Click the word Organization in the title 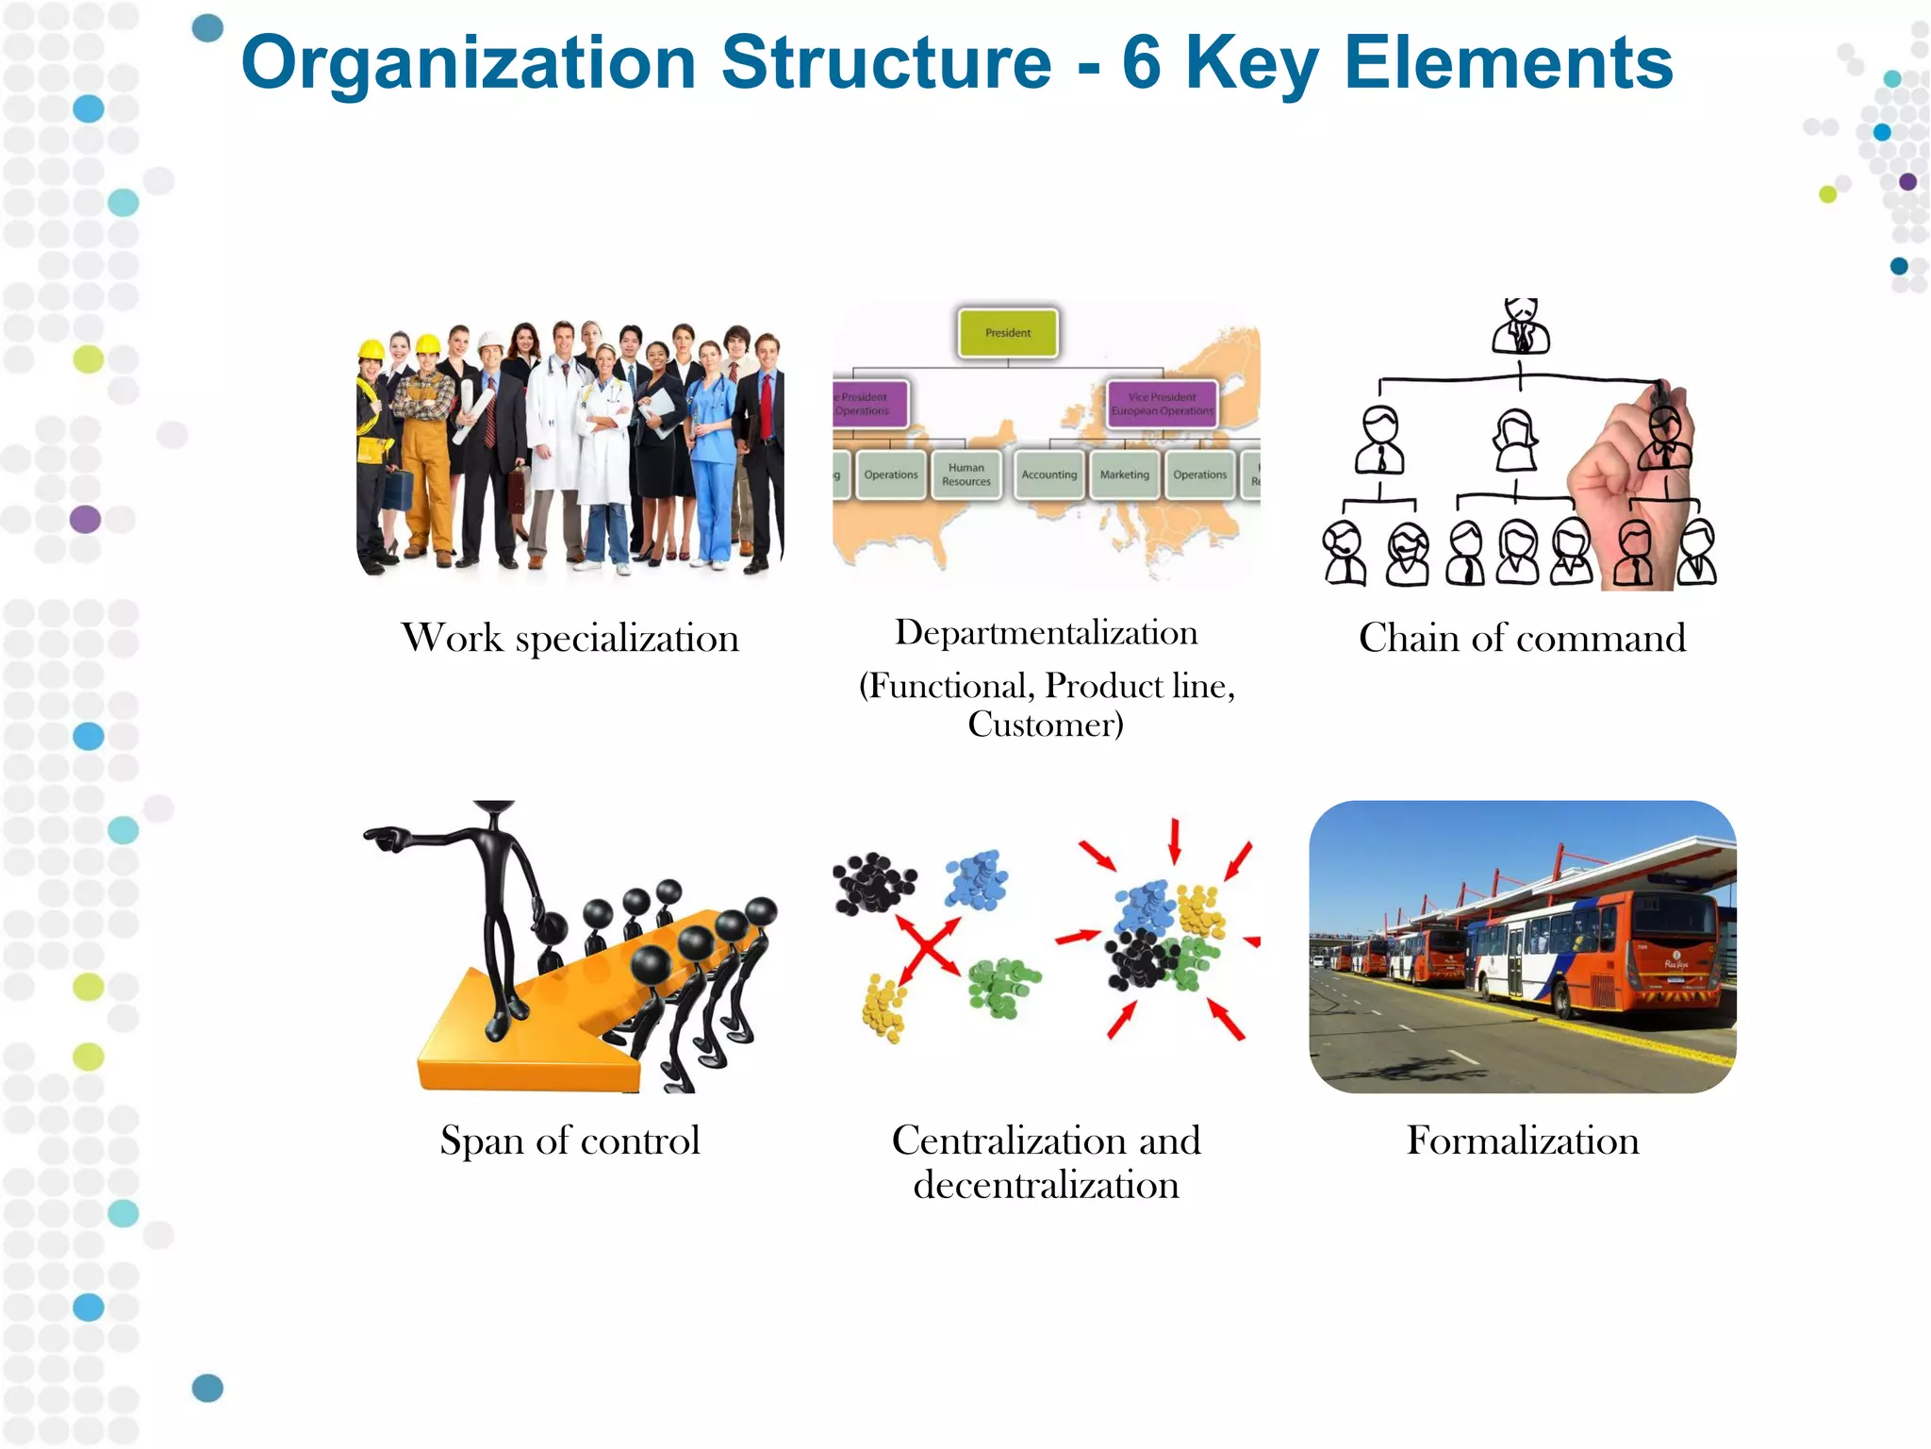469,63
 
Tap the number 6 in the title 1141,63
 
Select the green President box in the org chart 1008,333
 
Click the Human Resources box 966,475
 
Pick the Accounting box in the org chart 1048,475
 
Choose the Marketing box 1124,475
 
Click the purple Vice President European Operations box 1162,404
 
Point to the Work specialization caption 569,639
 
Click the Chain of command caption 1522,639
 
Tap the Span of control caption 569,1141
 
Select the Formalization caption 1523,1141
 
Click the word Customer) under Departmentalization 1046,724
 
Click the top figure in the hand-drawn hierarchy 1521,325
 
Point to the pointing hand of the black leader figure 385,837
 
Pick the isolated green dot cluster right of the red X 1003,987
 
